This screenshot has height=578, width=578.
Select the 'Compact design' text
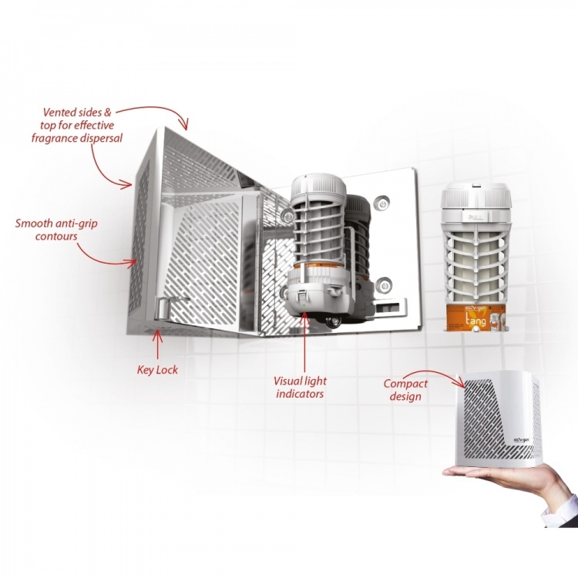point(405,390)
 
